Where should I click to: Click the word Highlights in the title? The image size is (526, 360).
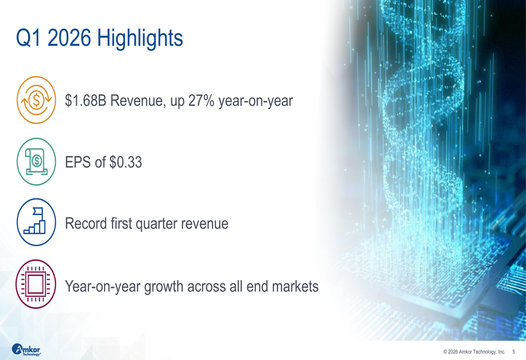[140, 39]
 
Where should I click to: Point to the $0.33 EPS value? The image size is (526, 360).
[126, 162]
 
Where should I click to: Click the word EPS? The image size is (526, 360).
[78, 162]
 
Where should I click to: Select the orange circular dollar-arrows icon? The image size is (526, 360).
[36, 100]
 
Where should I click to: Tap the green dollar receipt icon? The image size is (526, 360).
[36, 162]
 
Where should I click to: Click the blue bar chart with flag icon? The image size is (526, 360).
[36, 222]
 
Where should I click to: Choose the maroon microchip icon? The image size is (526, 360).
[36, 284]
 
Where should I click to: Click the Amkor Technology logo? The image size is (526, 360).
[26, 350]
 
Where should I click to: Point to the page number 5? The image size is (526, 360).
[513, 352]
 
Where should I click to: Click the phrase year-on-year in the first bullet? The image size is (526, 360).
[255, 101]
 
